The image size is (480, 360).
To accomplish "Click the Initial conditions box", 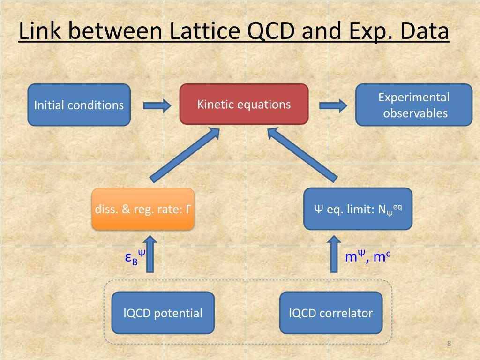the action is (x=79, y=105).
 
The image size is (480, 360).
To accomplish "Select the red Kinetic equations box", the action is (x=244, y=104).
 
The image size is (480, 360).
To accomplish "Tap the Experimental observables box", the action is (x=414, y=105).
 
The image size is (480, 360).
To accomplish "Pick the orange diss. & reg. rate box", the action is (x=143, y=209).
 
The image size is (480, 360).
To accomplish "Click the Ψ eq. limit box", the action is (x=358, y=209).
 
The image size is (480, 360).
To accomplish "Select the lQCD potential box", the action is (x=163, y=313).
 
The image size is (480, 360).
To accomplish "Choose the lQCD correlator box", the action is (x=331, y=313).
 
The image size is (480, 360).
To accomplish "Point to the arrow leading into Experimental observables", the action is (x=333, y=105).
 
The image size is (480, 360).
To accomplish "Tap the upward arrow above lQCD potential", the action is (x=150, y=255).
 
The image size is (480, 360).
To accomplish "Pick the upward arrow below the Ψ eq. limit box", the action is (x=334, y=255).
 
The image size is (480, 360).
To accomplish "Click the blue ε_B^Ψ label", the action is (x=135, y=257).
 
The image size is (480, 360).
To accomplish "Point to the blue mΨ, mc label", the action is (x=368, y=257).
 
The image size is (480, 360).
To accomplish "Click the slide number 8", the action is (x=449, y=345).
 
